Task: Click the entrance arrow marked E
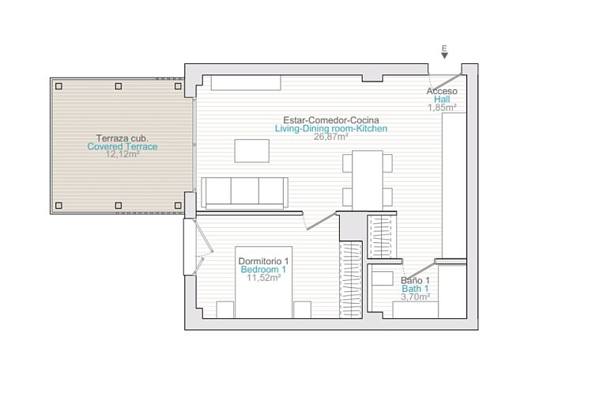[444, 52]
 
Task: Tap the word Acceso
[442, 91]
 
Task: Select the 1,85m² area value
[442, 108]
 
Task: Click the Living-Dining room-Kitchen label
[330, 128]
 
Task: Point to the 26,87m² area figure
[330, 137]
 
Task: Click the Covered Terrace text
[122, 146]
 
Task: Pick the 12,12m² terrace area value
[122, 155]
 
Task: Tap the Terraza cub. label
[122, 138]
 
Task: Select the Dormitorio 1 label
[264, 261]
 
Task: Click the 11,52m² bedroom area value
[264, 278]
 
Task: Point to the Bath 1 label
[415, 289]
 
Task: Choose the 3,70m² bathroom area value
[415, 297]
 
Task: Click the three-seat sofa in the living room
[244, 191]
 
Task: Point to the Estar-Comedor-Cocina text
[330, 119]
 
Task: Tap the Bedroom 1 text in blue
[264, 270]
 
